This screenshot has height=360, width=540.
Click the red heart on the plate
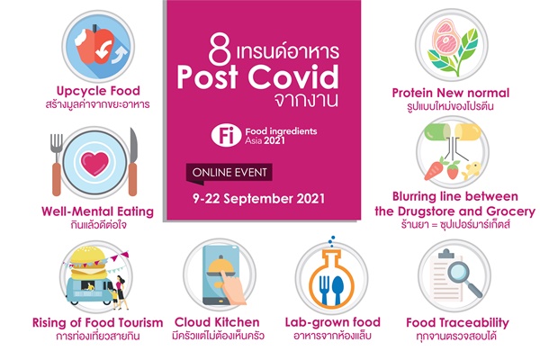[94, 163]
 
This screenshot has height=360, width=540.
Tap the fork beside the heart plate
[57, 165]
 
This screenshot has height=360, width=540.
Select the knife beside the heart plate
[133, 162]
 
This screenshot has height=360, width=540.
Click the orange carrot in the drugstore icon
[435, 169]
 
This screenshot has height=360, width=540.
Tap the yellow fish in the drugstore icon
[472, 170]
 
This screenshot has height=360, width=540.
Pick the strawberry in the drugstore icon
[454, 169]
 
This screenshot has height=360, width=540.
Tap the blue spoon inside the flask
[338, 290]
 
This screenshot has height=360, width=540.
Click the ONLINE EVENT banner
[229, 172]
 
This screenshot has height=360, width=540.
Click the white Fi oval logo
[226, 135]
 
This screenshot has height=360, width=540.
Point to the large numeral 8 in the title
[220, 51]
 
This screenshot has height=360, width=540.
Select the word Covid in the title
[293, 76]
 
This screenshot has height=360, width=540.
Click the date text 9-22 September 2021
[258, 199]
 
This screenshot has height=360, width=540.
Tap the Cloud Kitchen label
[217, 322]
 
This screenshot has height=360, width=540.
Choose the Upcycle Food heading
[98, 91]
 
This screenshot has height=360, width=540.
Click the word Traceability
[473, 323]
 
